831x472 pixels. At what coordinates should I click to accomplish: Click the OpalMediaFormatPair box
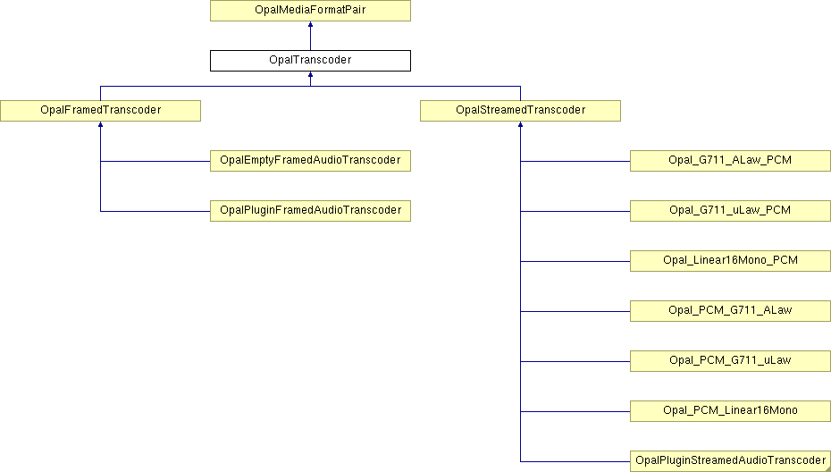pos(310,11)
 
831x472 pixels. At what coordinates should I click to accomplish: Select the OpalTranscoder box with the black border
pos(310,61)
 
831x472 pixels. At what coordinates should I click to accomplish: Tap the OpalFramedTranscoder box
pos(100,110)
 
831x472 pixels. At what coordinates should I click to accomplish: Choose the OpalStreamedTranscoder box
pos(520,110)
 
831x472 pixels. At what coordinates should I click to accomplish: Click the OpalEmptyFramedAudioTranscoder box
pos(310,161)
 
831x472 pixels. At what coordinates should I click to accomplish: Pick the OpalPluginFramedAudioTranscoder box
pos(310,211)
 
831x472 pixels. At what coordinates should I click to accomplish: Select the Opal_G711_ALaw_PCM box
pos(730,161)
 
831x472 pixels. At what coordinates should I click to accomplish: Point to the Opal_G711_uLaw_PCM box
pos(730,211)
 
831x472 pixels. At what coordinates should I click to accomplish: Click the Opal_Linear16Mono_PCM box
pos(730,261)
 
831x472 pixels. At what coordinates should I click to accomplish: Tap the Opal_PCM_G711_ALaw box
pos(730,311)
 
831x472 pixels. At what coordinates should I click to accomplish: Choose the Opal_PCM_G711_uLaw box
pos(730,360)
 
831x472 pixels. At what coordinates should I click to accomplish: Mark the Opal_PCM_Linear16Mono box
pos(730,411)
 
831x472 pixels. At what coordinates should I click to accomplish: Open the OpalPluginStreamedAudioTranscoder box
pos(730,461)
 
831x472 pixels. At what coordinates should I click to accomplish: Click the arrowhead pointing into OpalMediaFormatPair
pos(310,24)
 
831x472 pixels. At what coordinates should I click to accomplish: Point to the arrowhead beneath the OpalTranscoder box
pos(310,75)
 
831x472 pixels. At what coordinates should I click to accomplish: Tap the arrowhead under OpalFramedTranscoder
pos(100,124)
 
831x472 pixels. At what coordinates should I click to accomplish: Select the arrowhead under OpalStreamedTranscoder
pos(520,124)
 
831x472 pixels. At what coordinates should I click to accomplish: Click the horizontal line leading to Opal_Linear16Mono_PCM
pos(575,261)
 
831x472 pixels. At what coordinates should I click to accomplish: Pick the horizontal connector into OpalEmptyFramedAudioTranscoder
pos(155,161)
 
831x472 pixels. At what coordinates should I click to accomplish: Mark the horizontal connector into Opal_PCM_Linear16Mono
pos(575,411)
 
